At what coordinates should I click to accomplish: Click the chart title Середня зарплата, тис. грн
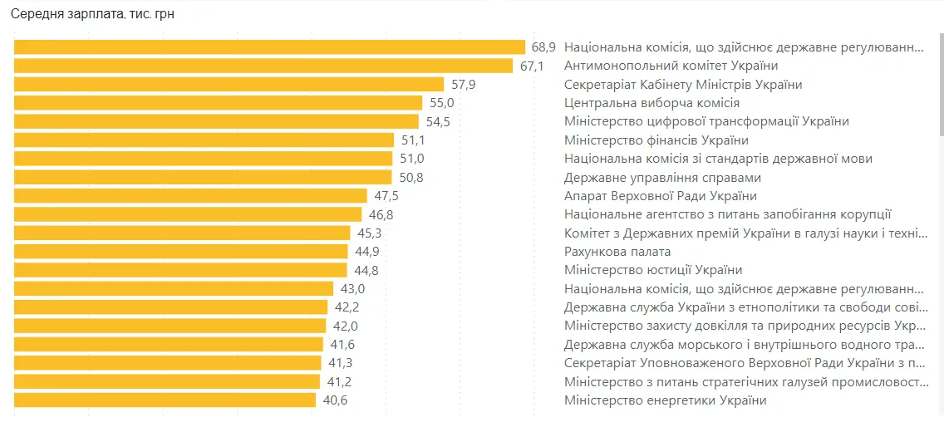(x=92, y=14)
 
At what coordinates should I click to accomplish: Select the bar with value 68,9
(x=269, y=47)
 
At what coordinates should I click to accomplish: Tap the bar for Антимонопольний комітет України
(x=263, y=66)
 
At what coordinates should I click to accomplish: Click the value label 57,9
(x=463, y=85)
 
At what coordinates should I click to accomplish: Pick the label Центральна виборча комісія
(x=651, y=103)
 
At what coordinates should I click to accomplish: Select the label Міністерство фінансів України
(x=656, y=140)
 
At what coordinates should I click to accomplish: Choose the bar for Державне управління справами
(x=203, y=177)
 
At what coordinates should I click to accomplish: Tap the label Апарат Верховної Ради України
(x=660, y=196)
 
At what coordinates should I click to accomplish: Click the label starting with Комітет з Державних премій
(x=745, y=233)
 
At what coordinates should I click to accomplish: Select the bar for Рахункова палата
(x=180, y=252)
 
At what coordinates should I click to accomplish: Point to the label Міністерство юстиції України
(x=652, y=270)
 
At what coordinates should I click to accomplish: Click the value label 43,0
(x=352, y=289)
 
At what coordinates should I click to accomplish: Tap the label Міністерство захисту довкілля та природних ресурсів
(x=745, y=326)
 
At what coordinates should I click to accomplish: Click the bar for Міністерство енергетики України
(x=165, y=400)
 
